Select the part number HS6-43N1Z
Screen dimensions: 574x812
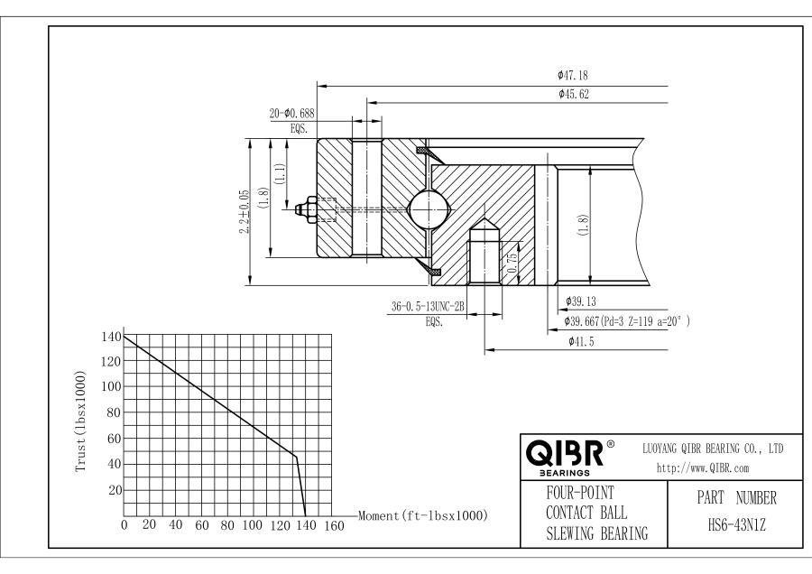click(736, 523)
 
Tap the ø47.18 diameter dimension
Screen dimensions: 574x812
click(574, 77)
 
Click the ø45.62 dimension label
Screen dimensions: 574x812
click(574, 94)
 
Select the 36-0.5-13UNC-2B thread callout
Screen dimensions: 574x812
click(428, 307)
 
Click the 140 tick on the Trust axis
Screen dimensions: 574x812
click(110, 336)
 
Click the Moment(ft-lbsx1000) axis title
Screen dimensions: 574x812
click(423, 515)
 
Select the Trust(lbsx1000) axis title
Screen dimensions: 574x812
click(82, 420)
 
